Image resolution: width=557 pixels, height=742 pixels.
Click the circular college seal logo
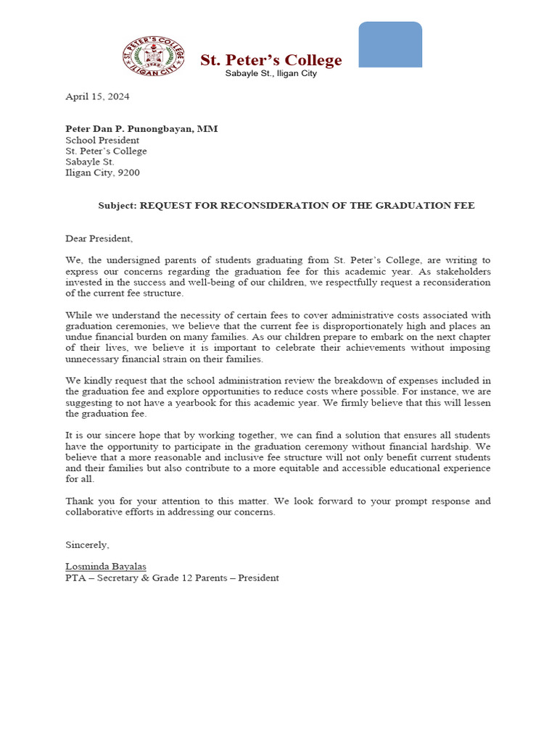point(153,56)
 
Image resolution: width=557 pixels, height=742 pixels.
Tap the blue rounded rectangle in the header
point(390,45)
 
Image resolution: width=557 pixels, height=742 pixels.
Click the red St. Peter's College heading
point(271,60)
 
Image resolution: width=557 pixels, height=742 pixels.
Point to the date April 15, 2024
point(97,96)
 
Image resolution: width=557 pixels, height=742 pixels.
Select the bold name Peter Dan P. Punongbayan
point(141,129)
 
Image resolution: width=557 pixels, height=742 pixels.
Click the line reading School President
point(102,140)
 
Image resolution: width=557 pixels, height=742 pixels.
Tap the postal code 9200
point(128,172)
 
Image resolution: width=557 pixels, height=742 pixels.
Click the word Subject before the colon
point(116,206)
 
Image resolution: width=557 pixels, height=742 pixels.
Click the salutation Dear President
point(99,238)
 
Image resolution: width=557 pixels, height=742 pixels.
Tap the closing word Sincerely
point(87,545)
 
